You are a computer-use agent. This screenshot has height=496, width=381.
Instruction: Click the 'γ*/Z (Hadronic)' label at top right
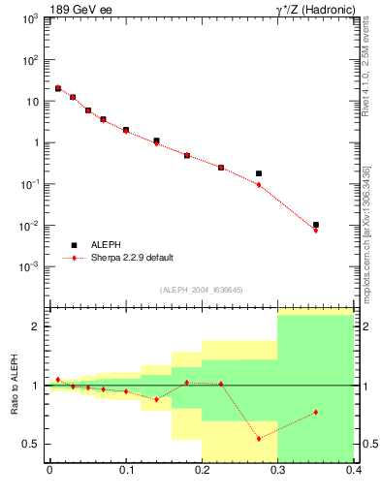(x=312, y=11)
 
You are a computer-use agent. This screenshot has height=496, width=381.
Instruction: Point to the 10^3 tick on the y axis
(x=29, y=18)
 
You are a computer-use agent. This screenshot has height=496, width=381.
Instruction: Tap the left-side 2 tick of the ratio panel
(x=36, y=326)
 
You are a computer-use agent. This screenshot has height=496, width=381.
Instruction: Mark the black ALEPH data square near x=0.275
(x=259, y=173)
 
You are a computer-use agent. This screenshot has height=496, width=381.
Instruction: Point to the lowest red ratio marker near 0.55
(x=259, y=439)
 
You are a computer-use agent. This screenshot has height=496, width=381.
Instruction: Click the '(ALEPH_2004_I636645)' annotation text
(x=201, y=290)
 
